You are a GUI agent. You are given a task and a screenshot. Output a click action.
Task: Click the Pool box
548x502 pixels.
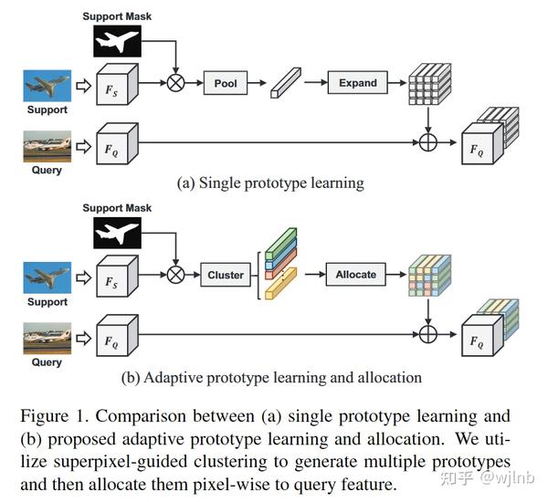tap(226, 83)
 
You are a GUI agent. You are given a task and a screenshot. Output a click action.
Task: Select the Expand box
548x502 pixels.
tap(357, 82)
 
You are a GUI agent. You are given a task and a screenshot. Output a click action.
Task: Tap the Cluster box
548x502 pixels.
tap(226, 275)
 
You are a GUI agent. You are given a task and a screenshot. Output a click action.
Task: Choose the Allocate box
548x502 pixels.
tap(356, 274)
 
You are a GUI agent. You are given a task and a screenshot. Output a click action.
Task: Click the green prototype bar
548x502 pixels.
tap(280, 244)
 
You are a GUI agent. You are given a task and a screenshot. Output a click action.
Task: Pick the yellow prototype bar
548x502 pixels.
tap(280, 283)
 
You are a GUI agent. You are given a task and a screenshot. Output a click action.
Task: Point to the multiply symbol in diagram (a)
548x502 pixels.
tap(175, 83)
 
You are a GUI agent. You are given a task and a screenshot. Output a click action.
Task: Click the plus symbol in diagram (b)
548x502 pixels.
tap(428, 334)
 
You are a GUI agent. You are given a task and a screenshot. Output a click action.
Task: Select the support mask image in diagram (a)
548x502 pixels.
tap(118, 41)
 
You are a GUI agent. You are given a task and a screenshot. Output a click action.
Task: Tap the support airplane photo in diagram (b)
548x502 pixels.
tap(47, 277)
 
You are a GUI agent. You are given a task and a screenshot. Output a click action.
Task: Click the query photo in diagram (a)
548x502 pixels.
tap(47, 146)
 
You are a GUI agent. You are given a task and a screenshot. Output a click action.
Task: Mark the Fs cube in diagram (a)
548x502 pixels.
tap(118, 84)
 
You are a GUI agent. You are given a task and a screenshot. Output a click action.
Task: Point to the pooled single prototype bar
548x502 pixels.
tap(286, 83)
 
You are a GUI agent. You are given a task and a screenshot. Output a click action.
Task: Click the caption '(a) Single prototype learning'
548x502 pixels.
tap(270, 183)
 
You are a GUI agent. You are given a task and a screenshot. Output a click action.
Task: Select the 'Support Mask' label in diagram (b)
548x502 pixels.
tap(117, 208)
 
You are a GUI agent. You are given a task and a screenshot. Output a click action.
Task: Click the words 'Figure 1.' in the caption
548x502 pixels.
tap(54, 416)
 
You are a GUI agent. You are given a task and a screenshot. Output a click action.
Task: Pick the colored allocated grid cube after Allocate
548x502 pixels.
tap(430, 276)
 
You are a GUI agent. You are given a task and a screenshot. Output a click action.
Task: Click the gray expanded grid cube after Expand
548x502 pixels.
tap(430, 84)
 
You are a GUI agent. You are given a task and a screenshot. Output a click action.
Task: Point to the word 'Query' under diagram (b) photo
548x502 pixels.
tap(47, 362)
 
